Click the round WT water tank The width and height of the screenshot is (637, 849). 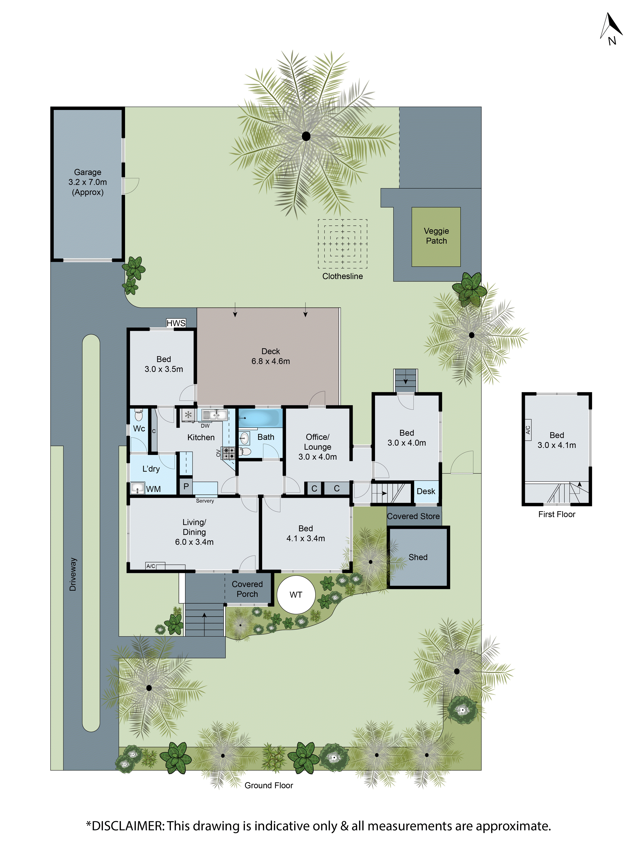(296, 594)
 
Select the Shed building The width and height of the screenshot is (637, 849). (418, 557)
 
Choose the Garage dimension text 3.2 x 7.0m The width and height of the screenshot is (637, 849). (87, 182)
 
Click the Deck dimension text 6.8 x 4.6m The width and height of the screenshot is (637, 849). (271, 361)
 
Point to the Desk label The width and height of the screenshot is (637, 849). (426, 491)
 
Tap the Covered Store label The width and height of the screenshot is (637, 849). (413, 516)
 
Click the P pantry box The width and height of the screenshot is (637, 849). (186, 487)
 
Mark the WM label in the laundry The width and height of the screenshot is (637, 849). (153, 489)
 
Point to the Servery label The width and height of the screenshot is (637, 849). (205, 501)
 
